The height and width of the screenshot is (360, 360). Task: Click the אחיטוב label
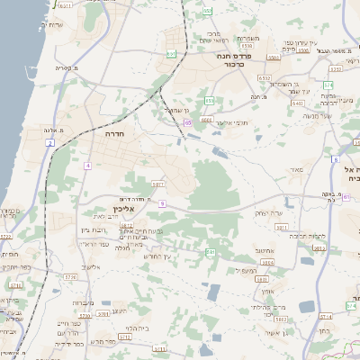[264, 250]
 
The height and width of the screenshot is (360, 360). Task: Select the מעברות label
[82, 302]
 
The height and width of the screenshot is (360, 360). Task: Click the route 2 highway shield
[50, 142]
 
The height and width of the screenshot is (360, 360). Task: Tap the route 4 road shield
[87, 166]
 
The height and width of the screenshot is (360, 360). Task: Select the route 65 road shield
[187, 121]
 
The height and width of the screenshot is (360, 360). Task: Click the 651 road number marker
[171, 53]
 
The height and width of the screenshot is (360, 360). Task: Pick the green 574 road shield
[328, 85]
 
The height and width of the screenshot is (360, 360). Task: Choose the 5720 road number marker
[69, 277]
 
